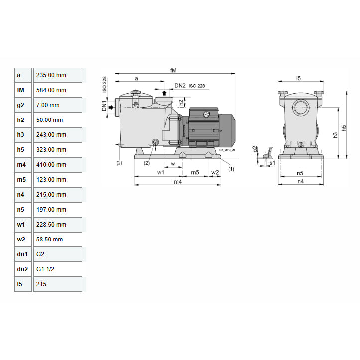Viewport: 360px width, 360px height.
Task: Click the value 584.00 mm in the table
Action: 51,90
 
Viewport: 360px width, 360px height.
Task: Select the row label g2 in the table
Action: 20,105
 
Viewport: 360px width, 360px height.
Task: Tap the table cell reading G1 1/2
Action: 46,269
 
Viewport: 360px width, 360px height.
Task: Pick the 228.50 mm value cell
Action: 51,225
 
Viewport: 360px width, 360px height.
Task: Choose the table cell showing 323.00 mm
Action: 51,150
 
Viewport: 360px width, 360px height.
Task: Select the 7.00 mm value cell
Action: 48,105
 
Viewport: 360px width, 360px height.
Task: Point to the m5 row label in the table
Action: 21,180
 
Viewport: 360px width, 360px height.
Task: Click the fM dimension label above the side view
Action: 173,71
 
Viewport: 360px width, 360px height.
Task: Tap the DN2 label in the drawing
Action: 180,86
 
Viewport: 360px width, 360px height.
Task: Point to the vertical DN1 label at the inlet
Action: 105,106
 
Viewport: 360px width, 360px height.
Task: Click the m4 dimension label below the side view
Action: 177,182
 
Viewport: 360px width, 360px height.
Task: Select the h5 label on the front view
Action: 343,128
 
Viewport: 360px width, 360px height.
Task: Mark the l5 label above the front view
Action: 298,78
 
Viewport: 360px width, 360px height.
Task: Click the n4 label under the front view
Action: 300,182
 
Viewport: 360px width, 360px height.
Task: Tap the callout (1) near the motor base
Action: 231,169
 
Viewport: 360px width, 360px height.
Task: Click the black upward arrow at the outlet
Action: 164,93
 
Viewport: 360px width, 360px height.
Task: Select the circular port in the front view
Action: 300,108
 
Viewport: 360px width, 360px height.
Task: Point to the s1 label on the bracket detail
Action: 272,163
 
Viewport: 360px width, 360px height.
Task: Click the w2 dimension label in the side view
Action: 215,172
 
